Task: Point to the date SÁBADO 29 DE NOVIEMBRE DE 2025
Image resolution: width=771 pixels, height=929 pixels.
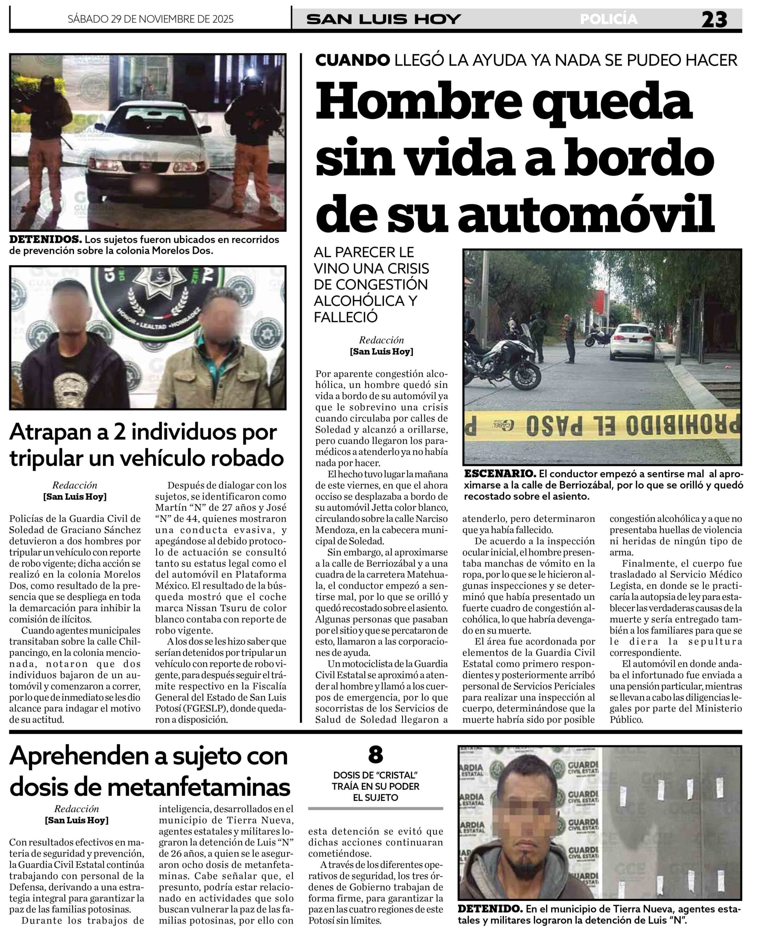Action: click(151, 19)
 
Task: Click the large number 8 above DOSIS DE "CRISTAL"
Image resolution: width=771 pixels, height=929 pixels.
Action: click(375, 755)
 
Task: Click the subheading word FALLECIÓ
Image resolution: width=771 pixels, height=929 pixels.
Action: click(345, 317)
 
